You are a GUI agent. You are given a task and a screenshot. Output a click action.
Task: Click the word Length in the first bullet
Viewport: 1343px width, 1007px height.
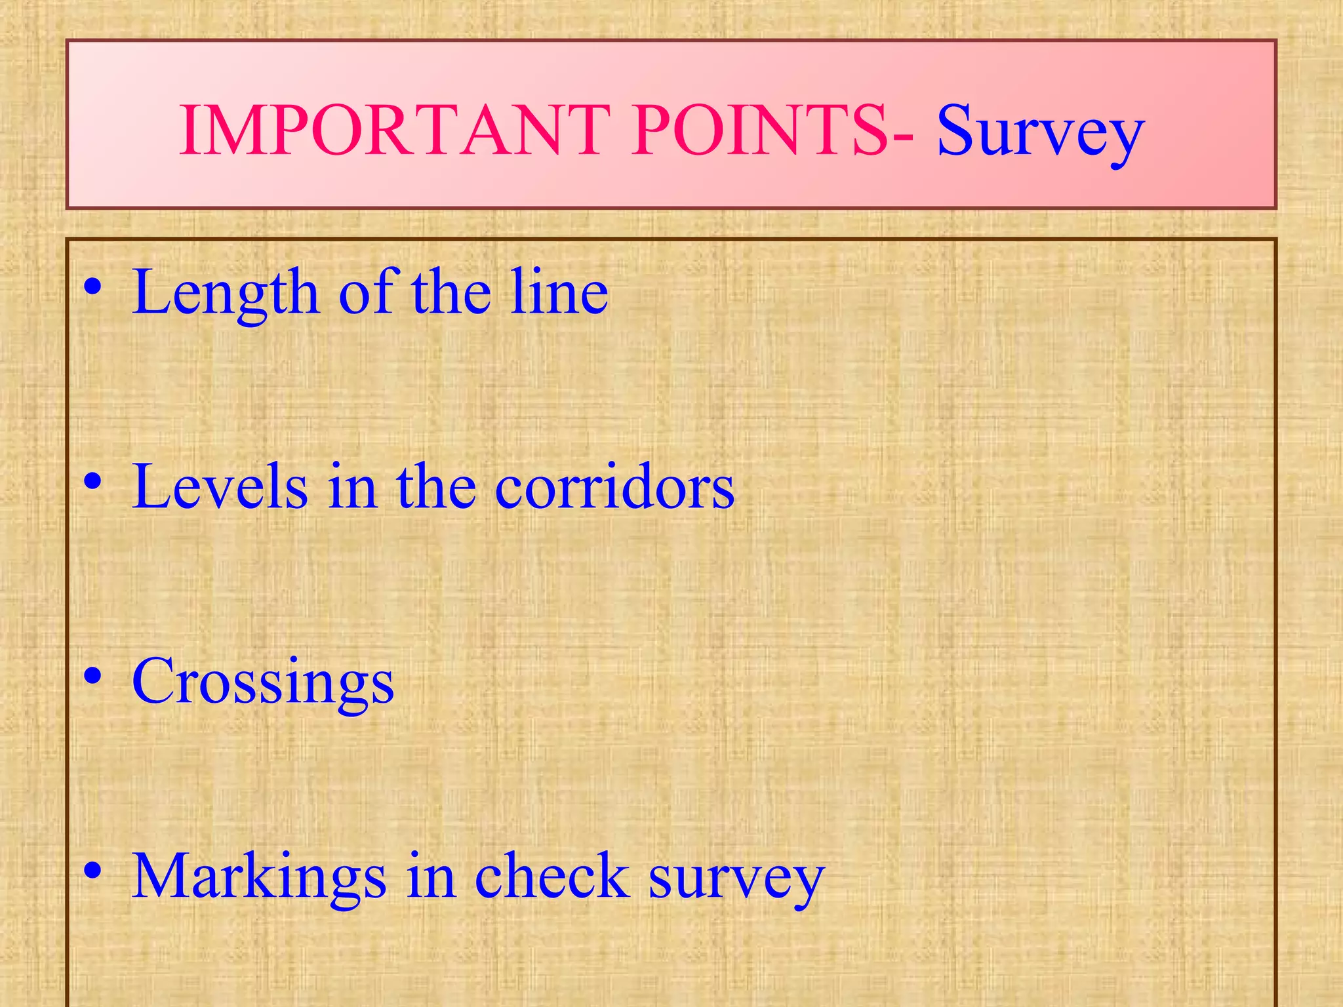[226, 292]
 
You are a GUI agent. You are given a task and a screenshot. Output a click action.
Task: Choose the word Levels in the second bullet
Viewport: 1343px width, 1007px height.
[220, 486]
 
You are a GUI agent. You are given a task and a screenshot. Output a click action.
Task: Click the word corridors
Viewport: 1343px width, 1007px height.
[614, 486]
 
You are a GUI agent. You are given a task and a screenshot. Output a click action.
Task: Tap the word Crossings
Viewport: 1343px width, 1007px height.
[263, 682]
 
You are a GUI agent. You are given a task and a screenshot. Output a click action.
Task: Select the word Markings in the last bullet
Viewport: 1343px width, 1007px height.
[259, 877]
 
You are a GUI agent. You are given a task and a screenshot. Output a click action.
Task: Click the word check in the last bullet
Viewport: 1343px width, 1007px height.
[551, 876]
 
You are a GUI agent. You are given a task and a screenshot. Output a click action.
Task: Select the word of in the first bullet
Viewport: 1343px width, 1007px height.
[365, 292]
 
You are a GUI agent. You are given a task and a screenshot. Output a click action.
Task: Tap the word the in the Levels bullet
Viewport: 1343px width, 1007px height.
[436, 486]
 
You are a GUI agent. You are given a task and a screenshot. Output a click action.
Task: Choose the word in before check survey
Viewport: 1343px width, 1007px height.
[430, 876]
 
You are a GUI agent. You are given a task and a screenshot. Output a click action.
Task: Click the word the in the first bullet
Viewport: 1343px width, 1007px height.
[451, 292]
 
